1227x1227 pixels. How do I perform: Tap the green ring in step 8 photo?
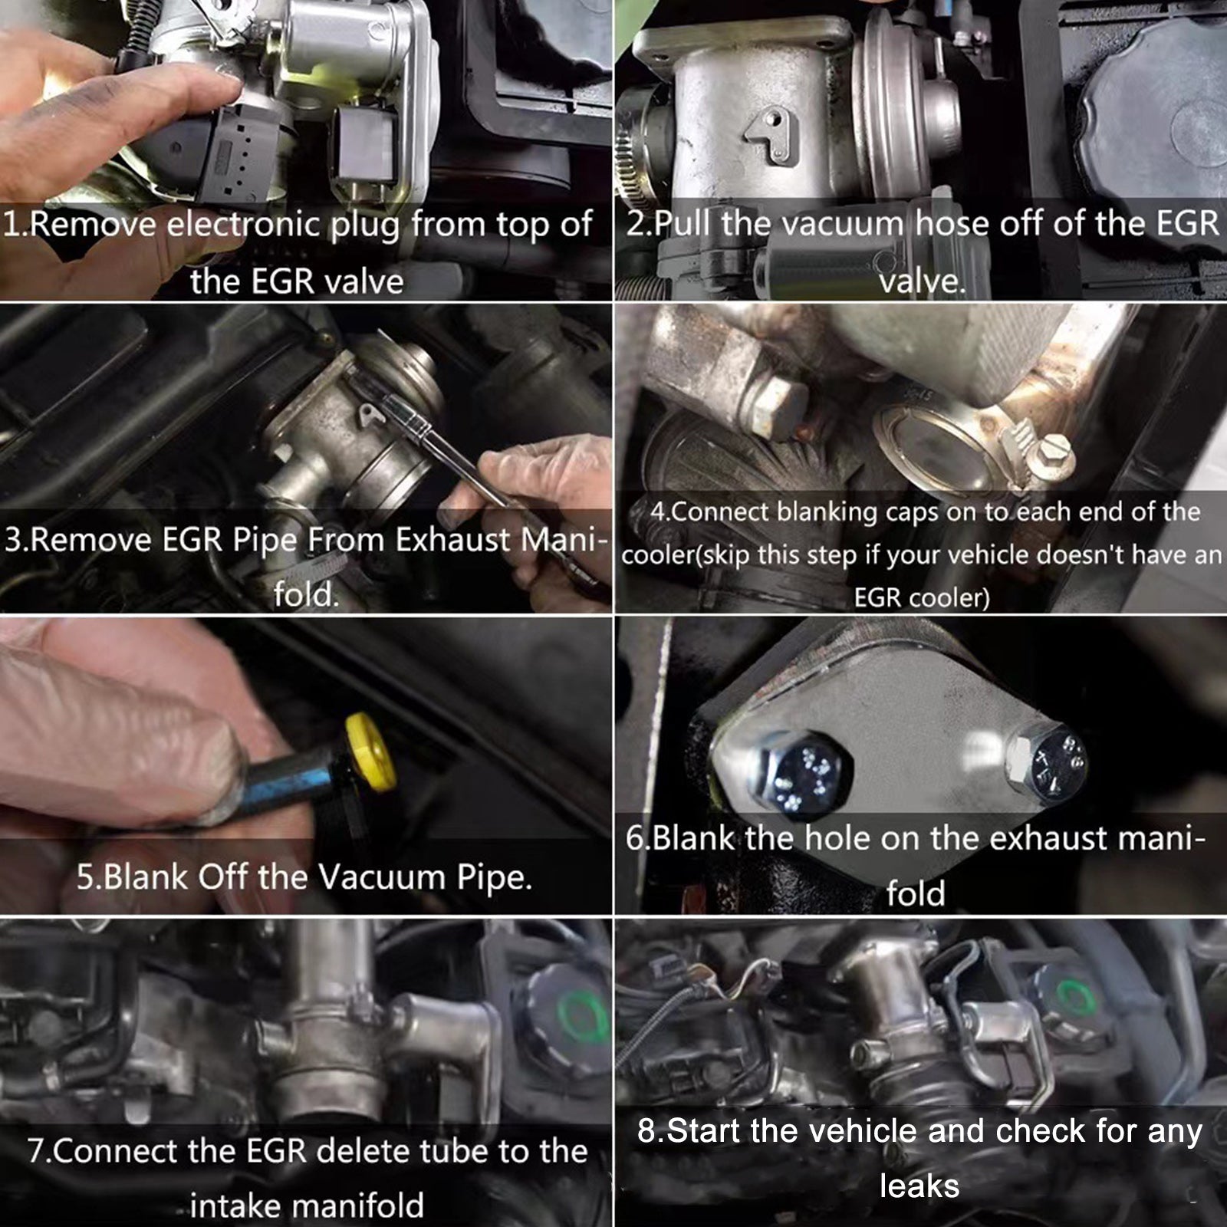tap(1077, 997)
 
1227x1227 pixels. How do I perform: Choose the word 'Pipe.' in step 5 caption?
tap(495, 877)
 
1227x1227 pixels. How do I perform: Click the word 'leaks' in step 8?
tap(919, 1186)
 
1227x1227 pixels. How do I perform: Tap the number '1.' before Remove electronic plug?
tap(15, 225)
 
